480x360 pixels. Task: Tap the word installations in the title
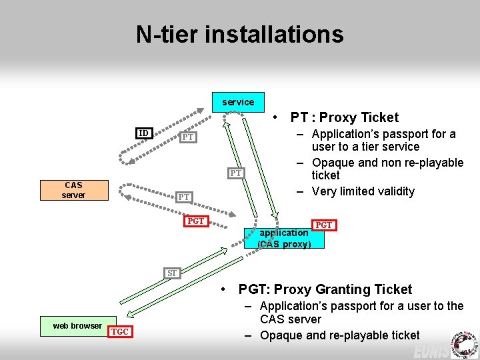(x=283, y=34)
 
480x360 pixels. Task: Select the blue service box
(x=238, y=102)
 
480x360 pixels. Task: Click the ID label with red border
(x=143, y=133)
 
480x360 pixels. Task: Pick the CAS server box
(x=73, y=190)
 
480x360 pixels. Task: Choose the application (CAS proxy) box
(x=283, y=238)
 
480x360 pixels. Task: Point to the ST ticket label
(x=172, y=273)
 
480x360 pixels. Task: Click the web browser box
(x=77, y=326)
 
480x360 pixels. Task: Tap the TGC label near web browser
(x=120, y=332)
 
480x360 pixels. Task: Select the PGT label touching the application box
(x=323, y=225)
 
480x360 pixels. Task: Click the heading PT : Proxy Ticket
(x=344, y=117)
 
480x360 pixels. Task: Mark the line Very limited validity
(x=363, y=191)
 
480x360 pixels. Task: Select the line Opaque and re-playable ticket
(x=339, y=335)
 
